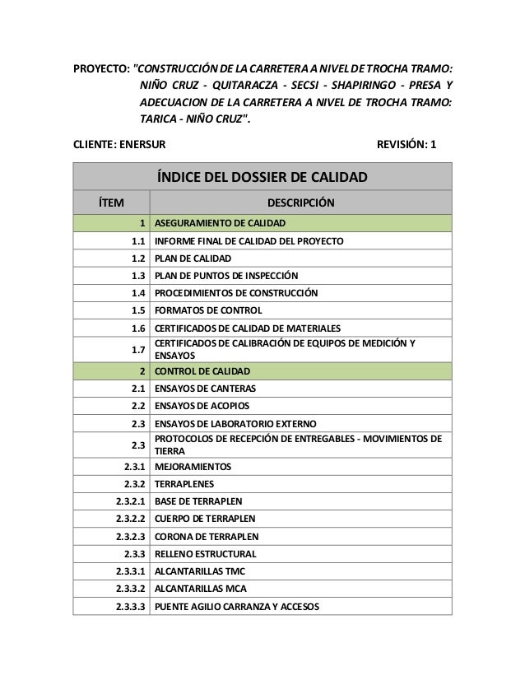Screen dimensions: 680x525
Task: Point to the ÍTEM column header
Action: click(x=111, y=203)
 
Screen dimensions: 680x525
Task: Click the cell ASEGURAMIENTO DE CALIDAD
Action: click(x=220, y=223)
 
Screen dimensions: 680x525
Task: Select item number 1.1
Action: click(x=138, y=241)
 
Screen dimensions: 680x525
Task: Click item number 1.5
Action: click(x=138, y=310)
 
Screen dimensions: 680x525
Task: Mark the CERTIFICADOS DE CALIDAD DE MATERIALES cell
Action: click(x=248, y=328)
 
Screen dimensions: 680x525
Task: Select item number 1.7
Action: click(x=138, y=350)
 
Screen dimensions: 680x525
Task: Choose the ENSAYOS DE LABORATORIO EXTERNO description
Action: click(x=236, y=423)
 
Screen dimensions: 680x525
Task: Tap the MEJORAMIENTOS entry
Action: click(x=193, y=467)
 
